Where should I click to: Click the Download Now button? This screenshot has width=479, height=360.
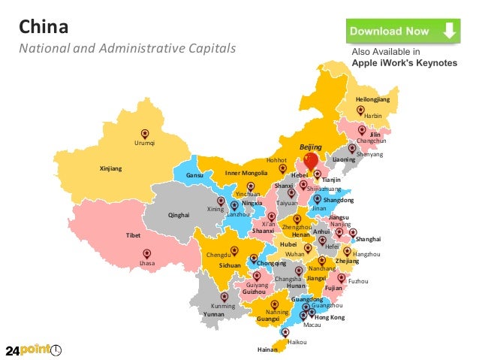(402, 32)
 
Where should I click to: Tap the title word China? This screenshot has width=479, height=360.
(44, 28)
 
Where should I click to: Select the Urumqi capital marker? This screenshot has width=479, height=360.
(144, 135)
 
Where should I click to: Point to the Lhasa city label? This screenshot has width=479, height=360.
(147, 264)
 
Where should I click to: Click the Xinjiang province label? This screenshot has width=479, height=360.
(110, 168)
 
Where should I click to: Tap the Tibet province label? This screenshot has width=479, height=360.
(134, 236)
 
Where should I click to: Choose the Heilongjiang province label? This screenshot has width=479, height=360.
(373, 99)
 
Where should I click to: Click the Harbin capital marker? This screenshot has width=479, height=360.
(361, 110)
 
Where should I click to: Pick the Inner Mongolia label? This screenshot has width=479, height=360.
(246, 174)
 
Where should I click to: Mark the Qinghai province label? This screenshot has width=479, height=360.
(179, 215)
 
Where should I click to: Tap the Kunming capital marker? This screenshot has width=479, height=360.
(224, 298)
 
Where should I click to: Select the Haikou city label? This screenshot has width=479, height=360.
(297, 341)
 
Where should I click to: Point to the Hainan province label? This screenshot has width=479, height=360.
(267, 349)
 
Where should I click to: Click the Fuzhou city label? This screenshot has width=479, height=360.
(359, 281)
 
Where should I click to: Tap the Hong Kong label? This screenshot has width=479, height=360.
(329, 318)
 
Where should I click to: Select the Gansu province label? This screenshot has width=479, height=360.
(195, 176)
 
